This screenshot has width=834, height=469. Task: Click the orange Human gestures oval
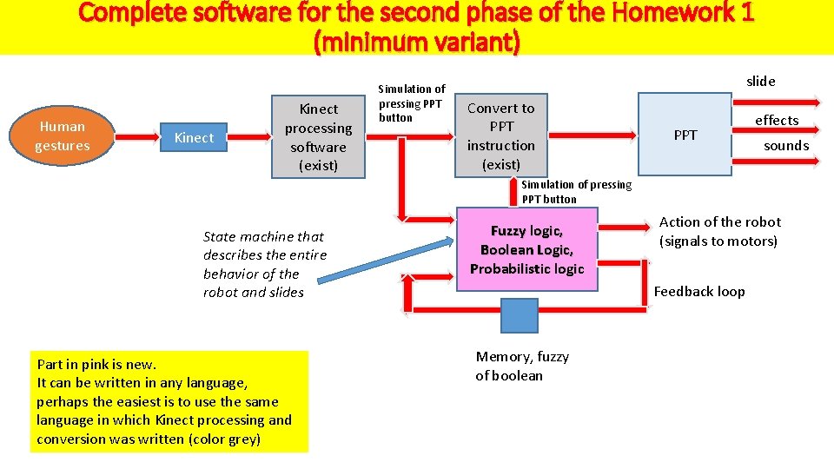point(62,136)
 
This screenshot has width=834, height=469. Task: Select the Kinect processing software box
point(318,136)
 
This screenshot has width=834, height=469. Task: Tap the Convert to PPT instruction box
point(500,135)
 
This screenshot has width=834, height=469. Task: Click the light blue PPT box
point(685,135)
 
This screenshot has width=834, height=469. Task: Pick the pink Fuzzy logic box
point(526,249)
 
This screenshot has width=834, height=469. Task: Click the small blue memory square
point(520,315)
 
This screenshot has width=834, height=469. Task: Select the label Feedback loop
point(699,292)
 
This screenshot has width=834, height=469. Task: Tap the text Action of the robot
point(719,222)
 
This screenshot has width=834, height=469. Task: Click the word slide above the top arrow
point(760,81)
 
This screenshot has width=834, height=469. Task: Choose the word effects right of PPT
point(777,120)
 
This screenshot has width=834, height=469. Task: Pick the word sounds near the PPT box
point(785,145)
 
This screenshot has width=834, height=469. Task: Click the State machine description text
point(264,264)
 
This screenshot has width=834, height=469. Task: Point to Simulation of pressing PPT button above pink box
point(576,191)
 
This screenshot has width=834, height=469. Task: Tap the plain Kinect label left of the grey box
point(194,137)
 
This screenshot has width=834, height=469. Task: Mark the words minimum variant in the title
point(416,41)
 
